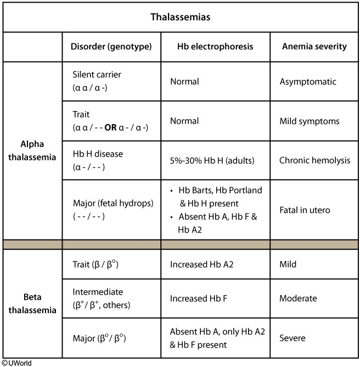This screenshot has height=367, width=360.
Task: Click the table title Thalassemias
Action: [180, 16]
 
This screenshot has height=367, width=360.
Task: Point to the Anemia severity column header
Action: [313, 46]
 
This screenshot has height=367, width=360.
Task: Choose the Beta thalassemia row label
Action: [32, 304]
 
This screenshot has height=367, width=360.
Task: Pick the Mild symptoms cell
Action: [310, 121]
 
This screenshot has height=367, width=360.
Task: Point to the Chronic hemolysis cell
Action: [314, 160]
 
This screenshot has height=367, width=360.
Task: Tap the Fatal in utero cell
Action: [305, 209]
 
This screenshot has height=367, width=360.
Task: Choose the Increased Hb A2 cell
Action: [202, 264]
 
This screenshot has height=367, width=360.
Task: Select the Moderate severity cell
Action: [298, 298]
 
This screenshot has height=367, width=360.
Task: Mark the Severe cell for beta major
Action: [292, 338]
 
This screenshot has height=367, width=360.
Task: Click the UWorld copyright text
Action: [15, 363]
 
